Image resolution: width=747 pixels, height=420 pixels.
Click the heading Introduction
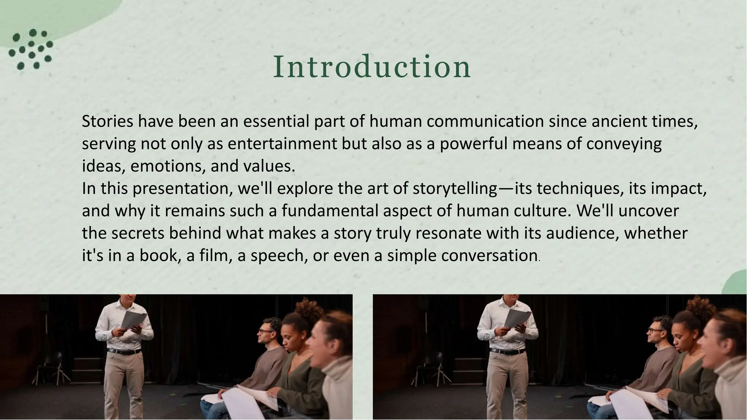(372, 67)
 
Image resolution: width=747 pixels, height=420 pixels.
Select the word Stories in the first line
(108, 121)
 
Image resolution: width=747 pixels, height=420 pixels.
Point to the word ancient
(614, 121)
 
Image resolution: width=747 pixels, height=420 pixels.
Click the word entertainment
(282, 144)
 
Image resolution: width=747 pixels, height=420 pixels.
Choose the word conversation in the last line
(489, 256)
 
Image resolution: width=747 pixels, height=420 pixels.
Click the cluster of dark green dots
(31, 49)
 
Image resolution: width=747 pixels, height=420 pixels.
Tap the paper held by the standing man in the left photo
(133, 319)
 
